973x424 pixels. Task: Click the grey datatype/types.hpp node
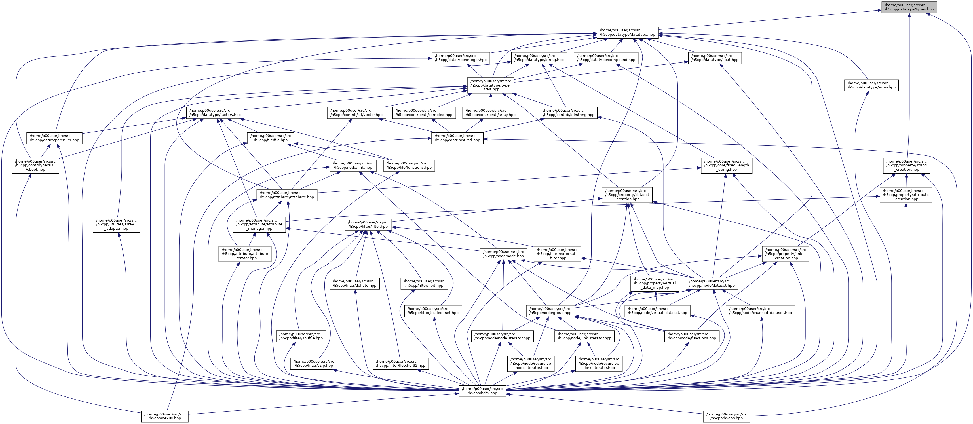(x=909, y=7)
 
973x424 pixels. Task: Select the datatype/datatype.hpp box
(x=627, y=33)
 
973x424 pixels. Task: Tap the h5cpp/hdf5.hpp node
(x=482, y=391)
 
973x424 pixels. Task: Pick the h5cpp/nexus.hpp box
(x=165, y=416)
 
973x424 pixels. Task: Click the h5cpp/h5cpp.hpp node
(x=726, y=416)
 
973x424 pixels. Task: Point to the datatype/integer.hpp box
(x=461, y=58)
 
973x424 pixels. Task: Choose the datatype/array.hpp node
(x=871, y=85)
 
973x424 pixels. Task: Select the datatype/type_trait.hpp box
(x=490, y=85)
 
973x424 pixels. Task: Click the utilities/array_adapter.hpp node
(x=116, y=224)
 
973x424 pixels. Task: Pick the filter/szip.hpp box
(x=313, y=364)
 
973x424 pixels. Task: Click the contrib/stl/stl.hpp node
(x=457, y=138)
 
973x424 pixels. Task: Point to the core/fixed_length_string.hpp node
(x=726, y=165)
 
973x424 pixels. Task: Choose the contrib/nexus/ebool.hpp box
(x=35, y=165)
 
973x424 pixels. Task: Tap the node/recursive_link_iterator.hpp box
(x=599, y=364)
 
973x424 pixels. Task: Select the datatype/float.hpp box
(x=714, y=58)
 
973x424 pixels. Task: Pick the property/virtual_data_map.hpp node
(x=654, y=283)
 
